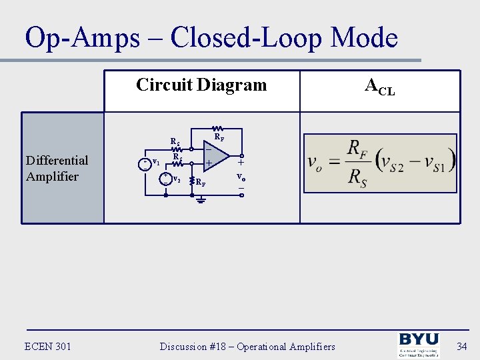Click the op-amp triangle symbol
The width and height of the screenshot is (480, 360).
pos(215,157)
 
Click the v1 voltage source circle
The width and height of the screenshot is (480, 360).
pos(145,164)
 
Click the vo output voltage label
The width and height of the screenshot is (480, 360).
pos(241,178)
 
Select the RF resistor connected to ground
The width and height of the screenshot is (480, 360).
pos(192,181)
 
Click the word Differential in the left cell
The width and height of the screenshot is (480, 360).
pos(57,160)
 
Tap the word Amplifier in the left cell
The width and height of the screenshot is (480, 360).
pos(52,176)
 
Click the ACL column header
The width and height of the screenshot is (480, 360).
pos(379,86)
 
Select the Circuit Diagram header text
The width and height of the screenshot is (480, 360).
pos(201,85)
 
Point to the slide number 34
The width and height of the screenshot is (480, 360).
pos(461,346)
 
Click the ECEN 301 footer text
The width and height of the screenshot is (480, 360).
pos(47,346)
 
